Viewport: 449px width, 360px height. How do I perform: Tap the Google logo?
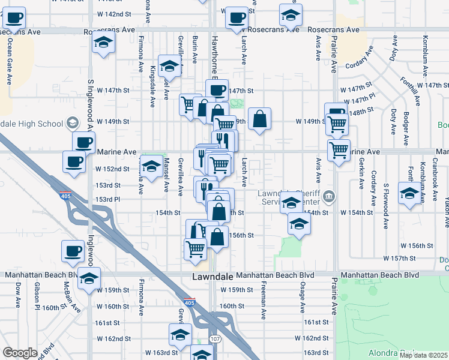click(x=20, y=353)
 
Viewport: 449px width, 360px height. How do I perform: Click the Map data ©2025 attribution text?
click(x=424, y=355)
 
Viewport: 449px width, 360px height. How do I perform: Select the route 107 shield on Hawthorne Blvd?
click(x=214, y=340)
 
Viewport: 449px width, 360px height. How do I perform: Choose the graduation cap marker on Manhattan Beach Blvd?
click(x=89, y=278)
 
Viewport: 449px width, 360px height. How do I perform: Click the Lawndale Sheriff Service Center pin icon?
click(x=328, y=196)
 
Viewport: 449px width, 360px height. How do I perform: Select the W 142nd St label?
click(x=114, y=13)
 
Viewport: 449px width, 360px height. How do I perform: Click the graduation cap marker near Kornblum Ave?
click(x=410, y=194)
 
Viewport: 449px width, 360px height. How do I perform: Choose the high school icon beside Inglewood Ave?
click(x=73, y=124)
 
